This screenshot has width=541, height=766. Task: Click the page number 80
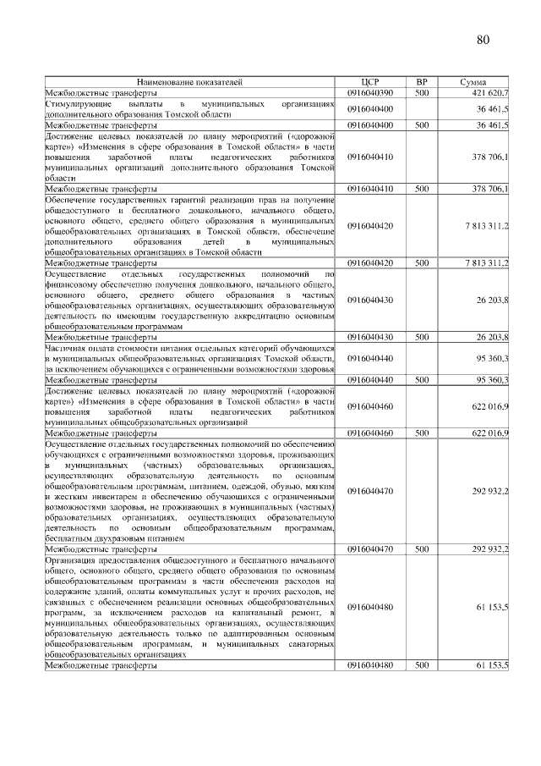click(x=483, y=40)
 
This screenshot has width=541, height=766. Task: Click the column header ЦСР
click(x=370, y=82)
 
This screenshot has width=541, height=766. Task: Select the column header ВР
click(x=421, y=82)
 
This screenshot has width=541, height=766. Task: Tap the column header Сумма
click(x=473, y=82)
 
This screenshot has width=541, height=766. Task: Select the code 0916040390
click(x=370, y=91)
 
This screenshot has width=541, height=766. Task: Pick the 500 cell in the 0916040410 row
click(x=421, y=189)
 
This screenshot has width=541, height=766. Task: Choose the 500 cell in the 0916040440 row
click(x=421, y=380)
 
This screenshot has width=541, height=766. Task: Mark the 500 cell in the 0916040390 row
click(x=421, y=91)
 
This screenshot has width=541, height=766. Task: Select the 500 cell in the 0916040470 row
click(x=421, y=548)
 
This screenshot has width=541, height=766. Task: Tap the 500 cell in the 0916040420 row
click(x=421, y=263)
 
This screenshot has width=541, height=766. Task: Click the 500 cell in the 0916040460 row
click(x=421, y=433)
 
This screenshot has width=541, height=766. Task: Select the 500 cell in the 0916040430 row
click(x=421, y=337)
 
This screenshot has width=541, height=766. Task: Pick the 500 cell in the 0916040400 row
click(x=421, y=124)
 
